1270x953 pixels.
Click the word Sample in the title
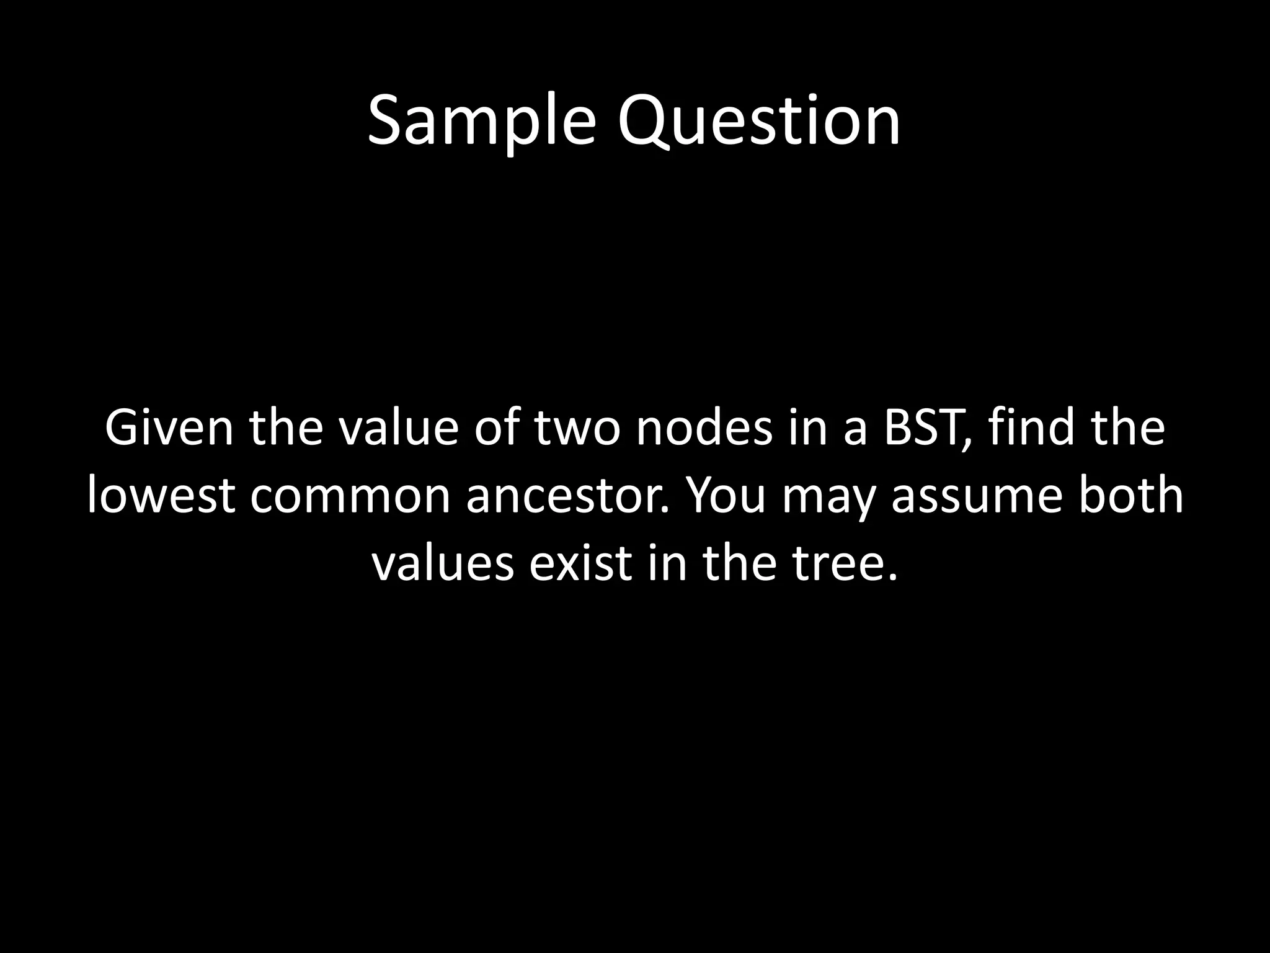pos(481,121)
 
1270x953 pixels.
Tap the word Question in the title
pos(758,121)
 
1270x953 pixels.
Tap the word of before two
pos(496,428)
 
